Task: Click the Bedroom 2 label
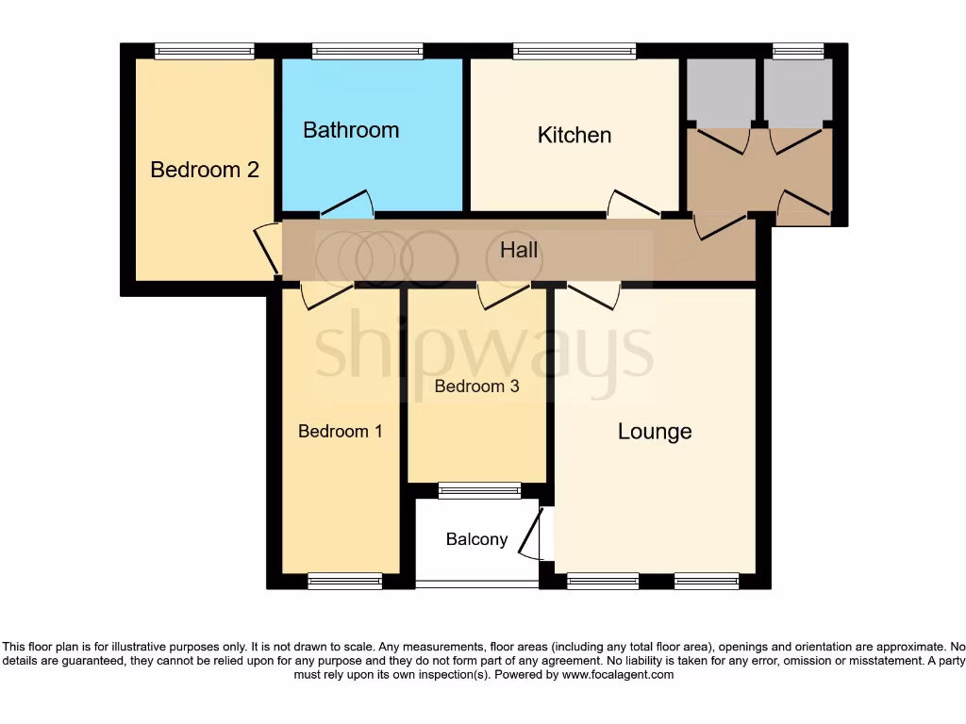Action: click(x=205, y=170)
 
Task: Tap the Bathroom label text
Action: click(x=351, y=130)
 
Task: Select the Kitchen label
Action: click(x=574, y=135)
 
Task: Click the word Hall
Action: click(x=519, y=249)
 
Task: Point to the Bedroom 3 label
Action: click(x=476, y=386)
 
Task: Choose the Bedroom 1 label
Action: click(x=340, y=431)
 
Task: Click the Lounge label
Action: click(x=655, y=431)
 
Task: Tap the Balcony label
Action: click(x=476, y=539)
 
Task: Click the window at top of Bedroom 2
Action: click(x=205, y=52)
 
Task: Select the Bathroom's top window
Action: click(x=367, y=52)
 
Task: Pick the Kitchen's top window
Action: click(x=574, y=52)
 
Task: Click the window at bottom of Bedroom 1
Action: click(x=344, y=581)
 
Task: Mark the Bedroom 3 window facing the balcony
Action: click(x=479, y=489)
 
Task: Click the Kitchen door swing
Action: click(x=632, y=205)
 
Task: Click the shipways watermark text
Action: click(x=483, y=351)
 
